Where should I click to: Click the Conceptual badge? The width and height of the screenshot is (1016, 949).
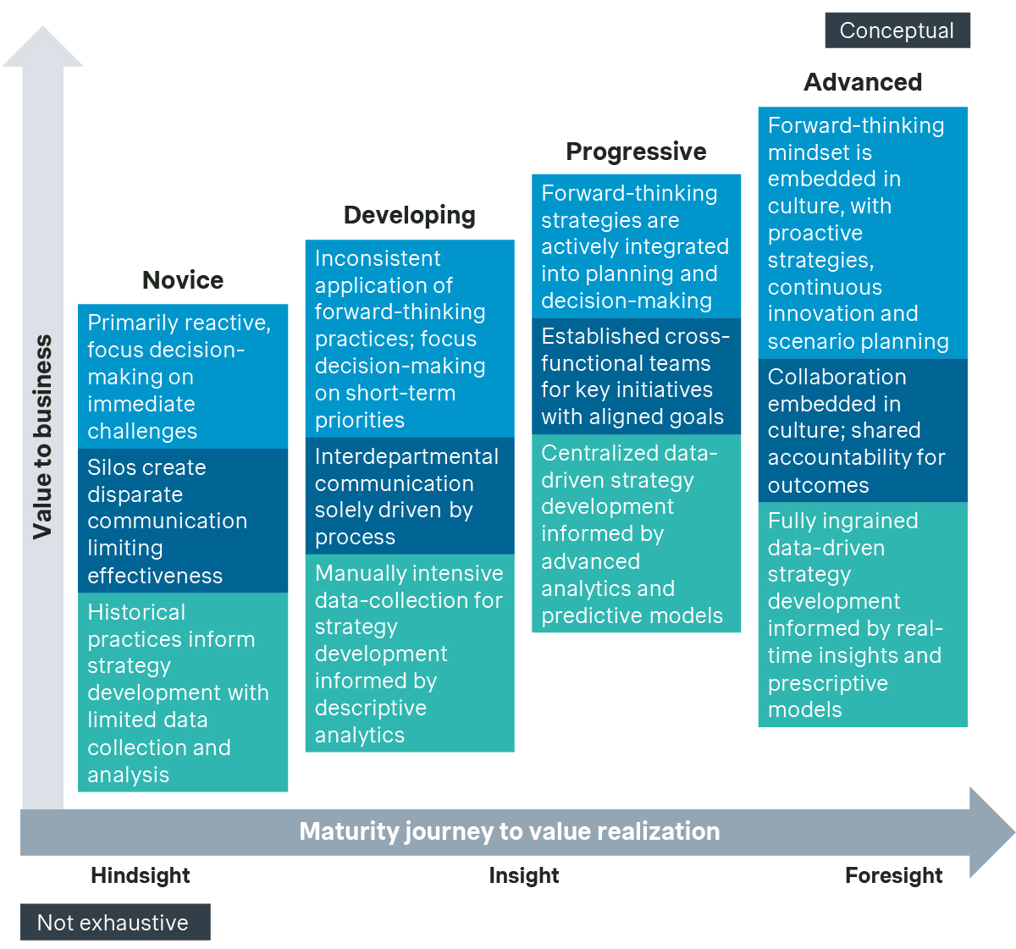897,30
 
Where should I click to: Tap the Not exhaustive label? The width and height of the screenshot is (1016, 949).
114,923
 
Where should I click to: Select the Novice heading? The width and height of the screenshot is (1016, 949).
183,280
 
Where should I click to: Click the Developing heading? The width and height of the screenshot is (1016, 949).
410,215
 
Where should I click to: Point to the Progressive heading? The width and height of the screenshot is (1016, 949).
636,152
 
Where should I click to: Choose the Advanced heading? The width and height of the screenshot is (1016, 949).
863,82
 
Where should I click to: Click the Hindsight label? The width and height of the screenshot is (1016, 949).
141,875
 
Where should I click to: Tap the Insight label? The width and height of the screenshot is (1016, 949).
524,875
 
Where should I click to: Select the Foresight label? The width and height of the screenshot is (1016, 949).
893,875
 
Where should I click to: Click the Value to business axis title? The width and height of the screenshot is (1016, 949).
42,437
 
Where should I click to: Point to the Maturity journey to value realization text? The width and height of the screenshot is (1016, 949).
510,831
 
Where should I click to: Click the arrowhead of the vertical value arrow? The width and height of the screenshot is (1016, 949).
42,47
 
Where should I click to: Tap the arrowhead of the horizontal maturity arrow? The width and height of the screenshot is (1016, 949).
991,831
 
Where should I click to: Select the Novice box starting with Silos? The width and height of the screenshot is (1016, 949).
183,521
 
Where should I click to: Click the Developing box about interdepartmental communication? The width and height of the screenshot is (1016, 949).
410,496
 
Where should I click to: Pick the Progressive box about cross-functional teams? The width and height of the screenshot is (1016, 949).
636,376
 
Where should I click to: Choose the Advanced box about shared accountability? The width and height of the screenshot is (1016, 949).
863,430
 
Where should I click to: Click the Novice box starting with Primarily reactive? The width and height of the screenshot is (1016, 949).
183,376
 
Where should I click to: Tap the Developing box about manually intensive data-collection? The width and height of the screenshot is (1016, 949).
410,653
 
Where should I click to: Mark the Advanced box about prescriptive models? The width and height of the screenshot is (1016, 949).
863,615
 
